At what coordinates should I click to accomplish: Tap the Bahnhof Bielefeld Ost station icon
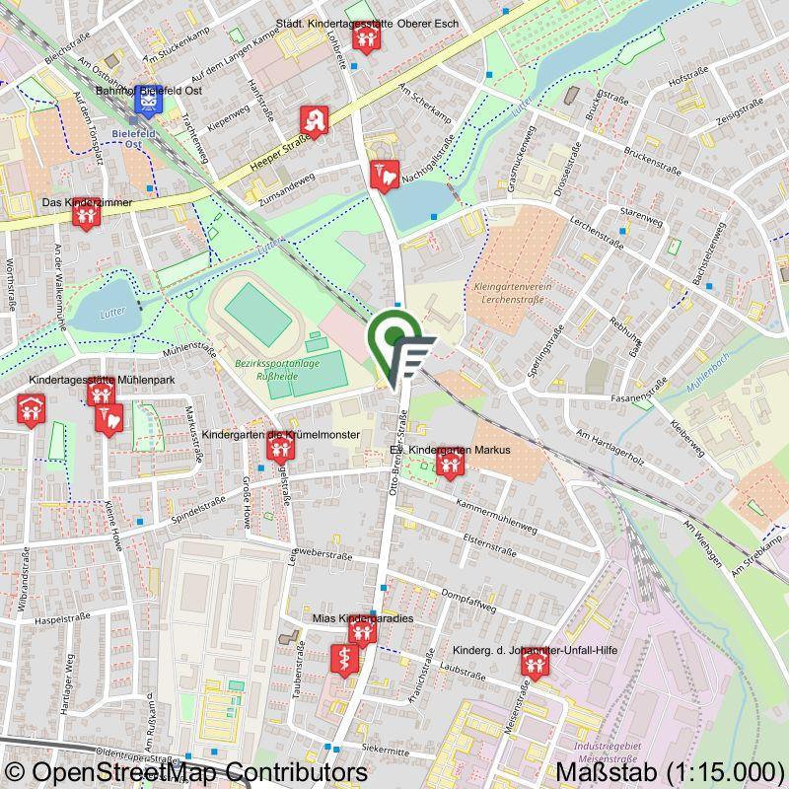[149, 101]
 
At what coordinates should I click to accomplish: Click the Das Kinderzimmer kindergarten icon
[87, 212]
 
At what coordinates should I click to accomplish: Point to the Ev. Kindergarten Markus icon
[449, 462]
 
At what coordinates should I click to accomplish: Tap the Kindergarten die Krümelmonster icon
[281, 450]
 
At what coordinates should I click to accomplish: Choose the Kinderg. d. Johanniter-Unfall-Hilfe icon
[534, 667]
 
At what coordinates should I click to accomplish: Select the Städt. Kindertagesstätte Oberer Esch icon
[366, 38]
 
